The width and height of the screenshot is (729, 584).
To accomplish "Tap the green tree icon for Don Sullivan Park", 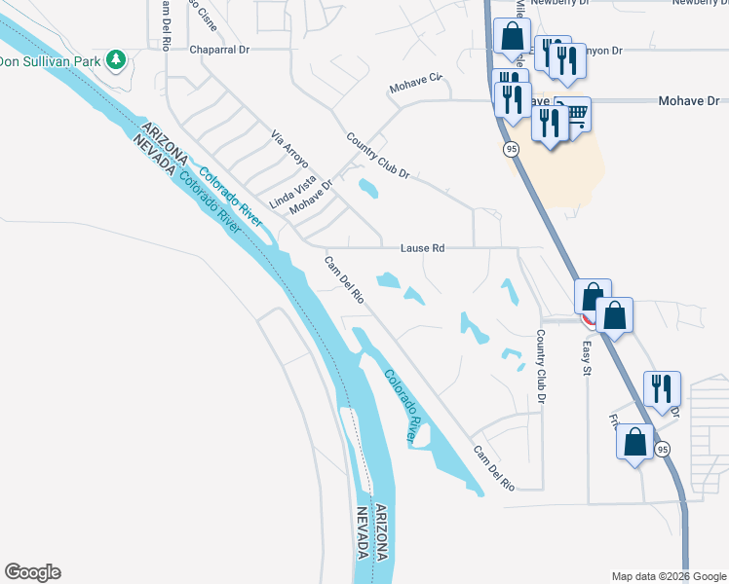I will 116,60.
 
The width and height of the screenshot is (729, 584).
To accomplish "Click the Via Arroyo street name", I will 288,148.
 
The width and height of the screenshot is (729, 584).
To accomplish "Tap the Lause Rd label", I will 423,248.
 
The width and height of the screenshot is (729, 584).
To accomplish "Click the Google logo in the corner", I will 32,572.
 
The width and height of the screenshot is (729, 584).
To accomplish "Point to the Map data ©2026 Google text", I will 669,576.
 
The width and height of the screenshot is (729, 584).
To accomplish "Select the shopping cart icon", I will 575,116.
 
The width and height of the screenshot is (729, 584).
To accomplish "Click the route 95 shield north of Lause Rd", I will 511,149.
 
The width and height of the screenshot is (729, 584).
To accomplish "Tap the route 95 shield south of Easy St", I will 663,449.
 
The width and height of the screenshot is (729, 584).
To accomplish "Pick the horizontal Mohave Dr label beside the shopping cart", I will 688,100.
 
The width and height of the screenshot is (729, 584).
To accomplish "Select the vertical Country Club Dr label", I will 540,362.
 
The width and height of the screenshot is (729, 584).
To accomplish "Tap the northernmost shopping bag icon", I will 511,38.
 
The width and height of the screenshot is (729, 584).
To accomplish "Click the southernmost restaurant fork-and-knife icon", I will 662,388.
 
